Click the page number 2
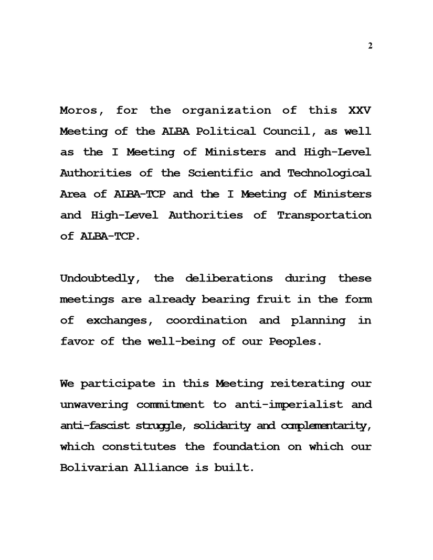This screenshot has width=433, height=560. (370, 46)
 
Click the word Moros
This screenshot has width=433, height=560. (79, 111)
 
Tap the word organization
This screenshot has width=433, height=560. (227, 111)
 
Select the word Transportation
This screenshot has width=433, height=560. (324, 216)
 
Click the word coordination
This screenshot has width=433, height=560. (206, 320)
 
